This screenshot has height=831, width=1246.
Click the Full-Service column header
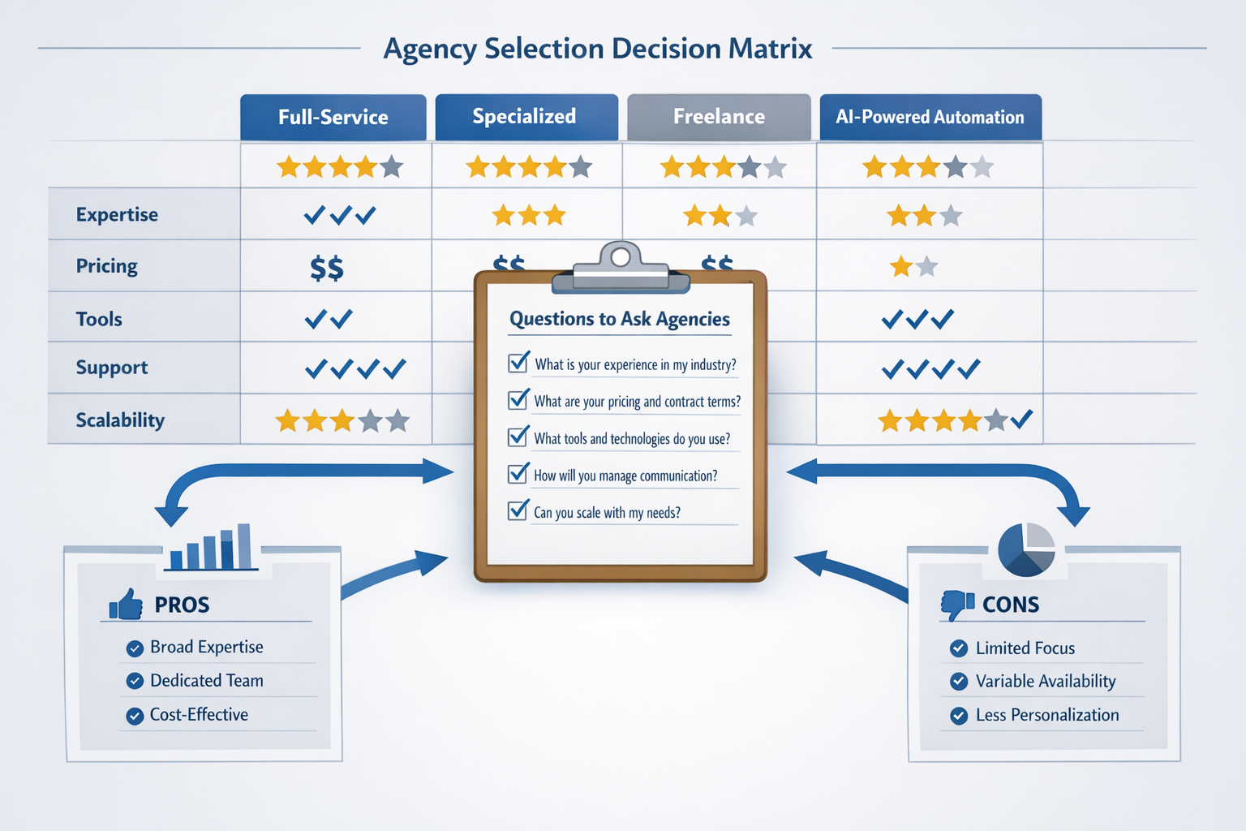point(333,117)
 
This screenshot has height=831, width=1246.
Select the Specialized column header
point(526,117)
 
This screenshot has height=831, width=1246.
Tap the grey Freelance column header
point(719,117)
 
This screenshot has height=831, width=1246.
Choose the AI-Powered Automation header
point(930,117)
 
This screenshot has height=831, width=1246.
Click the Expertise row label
point(117,214)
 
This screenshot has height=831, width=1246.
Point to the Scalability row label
point(120,420)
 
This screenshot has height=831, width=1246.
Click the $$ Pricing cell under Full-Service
point(327,268)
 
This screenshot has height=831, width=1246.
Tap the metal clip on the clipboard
point(621,269)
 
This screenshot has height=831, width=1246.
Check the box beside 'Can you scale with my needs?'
point(518,510)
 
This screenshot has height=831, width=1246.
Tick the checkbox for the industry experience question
point(518,362)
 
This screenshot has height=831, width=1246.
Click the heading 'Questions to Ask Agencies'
point(620,318)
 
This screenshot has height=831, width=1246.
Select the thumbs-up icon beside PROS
point(126,605)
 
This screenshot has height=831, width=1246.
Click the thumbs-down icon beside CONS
point(957,605)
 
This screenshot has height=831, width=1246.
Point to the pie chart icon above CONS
point(1026,550)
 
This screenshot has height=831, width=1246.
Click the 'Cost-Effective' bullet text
point(199,714)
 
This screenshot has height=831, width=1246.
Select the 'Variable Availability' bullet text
point(1046,681)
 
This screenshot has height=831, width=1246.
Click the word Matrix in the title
point(770,49)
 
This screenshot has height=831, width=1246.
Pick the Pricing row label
point(106,266)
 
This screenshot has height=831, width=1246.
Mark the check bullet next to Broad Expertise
point(135,648)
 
